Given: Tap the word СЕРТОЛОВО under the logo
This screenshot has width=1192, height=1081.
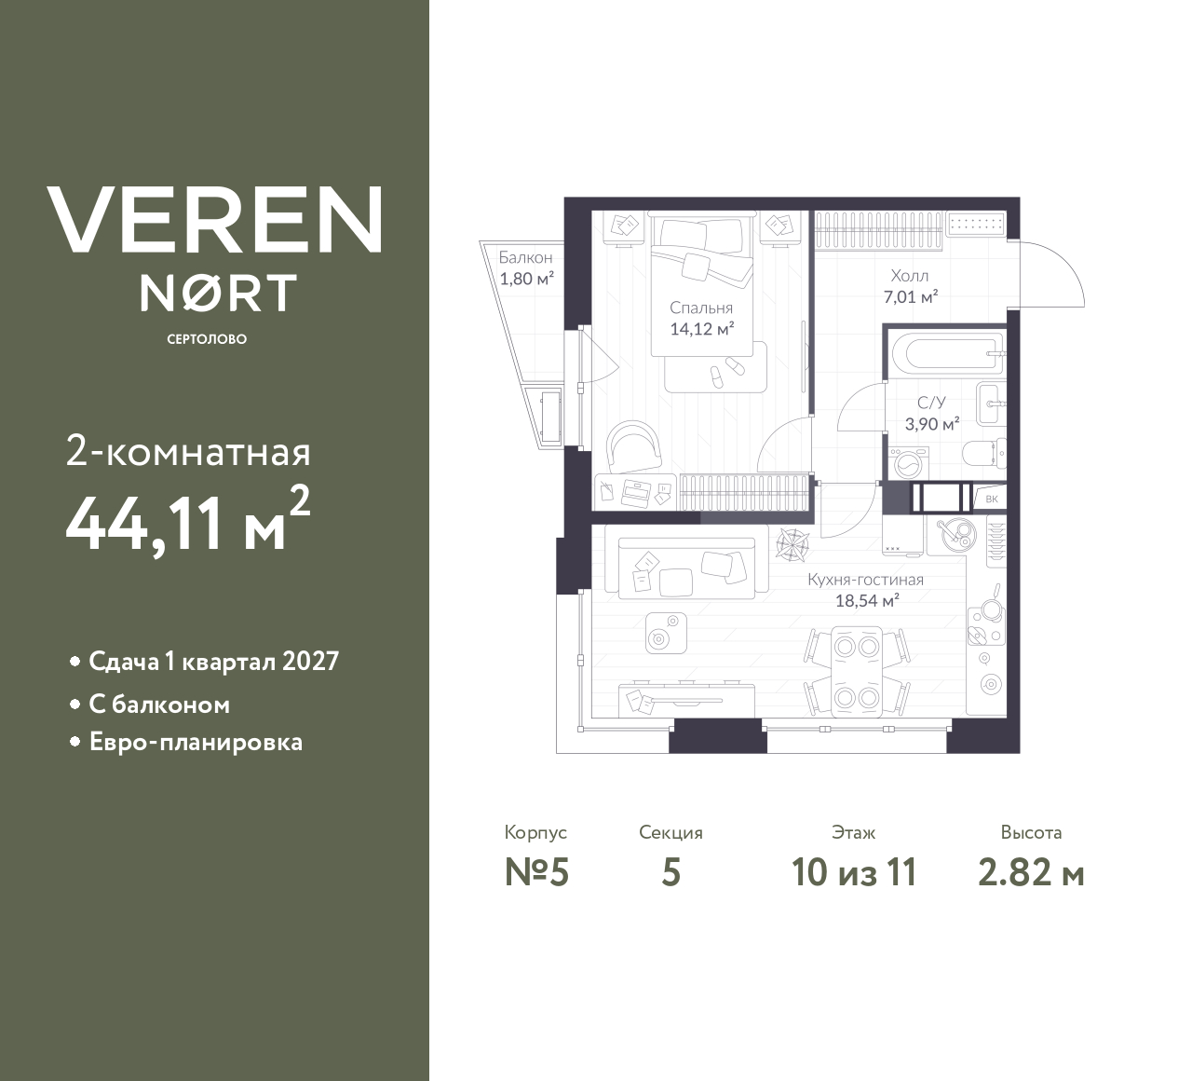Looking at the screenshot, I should (x=207, y=339).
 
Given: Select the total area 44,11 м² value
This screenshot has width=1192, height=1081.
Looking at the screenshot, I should (x=186, y=523).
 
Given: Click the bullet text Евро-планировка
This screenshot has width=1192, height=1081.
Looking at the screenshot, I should (x=196, y=743).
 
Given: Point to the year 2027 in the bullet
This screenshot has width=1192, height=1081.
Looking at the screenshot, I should (x=310, y=662).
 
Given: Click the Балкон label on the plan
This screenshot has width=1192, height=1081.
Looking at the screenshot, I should (x=525, y=257).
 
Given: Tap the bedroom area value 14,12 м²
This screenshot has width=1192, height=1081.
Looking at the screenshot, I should (x=701, y=328).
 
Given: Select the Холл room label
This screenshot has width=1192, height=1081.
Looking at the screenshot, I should (x=909, y=276).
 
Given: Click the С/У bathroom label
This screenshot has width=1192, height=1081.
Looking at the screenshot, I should (x=931, y=403).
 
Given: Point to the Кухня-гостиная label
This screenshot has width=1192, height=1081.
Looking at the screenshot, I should (x=865, y=580).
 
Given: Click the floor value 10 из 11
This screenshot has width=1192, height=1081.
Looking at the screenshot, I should (x=854, y=872).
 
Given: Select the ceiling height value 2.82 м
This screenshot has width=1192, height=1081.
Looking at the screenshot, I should (x=1031, y=872).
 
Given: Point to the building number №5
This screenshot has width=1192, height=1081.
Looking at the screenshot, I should (x=536, y=872).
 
